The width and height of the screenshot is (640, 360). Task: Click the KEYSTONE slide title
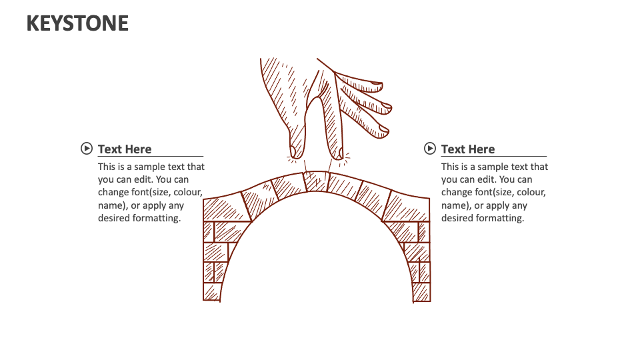point(77,23)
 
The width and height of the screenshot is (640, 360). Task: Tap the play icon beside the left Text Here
point(86,149)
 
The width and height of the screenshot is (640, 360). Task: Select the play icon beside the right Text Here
point(430,149)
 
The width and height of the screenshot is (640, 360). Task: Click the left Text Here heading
point(125,149)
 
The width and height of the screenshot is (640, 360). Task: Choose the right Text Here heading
point(468,149)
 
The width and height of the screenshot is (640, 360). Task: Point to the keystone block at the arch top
point(316,181)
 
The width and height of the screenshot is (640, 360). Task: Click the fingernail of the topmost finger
point(376,86)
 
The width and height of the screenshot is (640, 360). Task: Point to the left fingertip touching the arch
point(295,153)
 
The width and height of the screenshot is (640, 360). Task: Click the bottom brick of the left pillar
point(212,292)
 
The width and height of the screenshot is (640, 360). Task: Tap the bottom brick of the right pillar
point(421,293)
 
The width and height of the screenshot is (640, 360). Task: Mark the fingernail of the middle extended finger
point(386,105)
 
